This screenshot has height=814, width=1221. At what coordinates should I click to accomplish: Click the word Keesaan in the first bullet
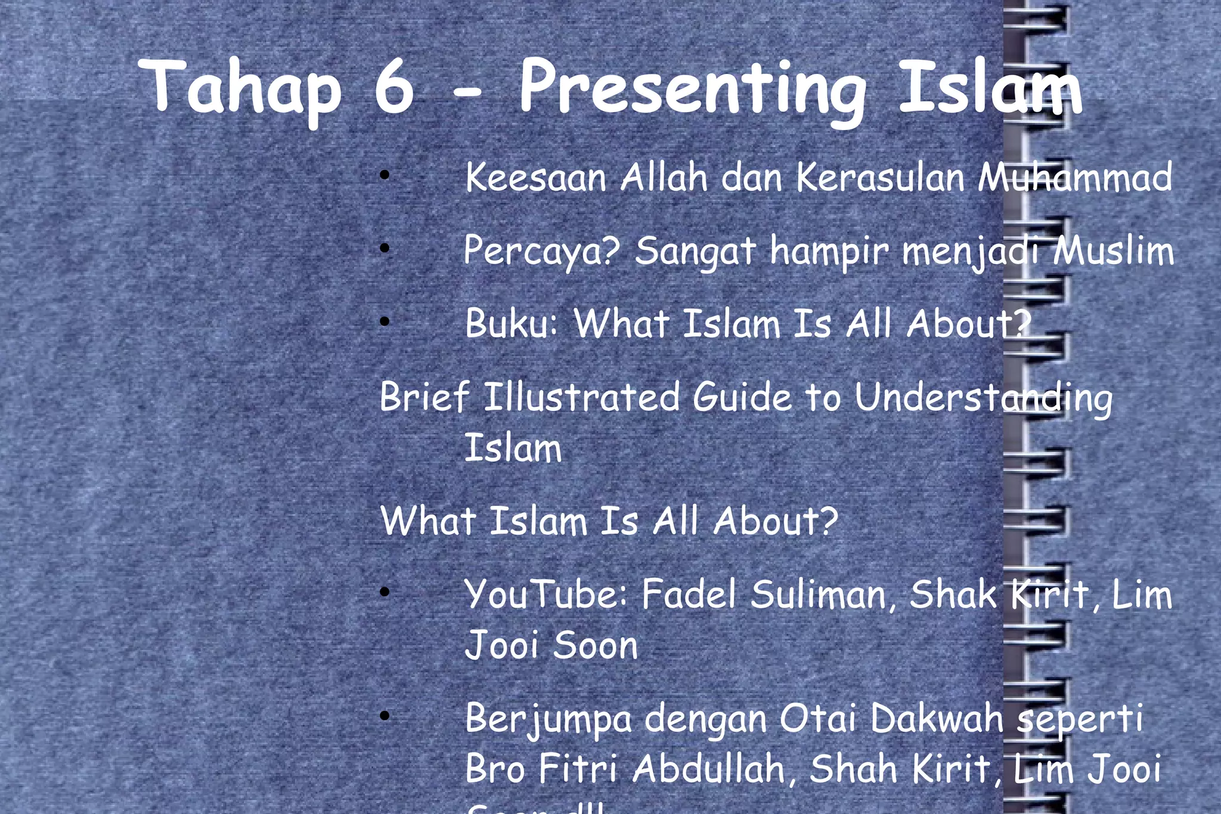(x=535, y=178)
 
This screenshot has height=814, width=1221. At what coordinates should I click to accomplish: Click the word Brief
(x=424, y=397)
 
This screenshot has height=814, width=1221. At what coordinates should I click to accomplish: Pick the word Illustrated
(x=581, y=397)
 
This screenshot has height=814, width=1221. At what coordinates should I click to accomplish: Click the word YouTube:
(x=546, y=595)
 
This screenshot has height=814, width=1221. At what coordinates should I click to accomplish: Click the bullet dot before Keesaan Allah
(x=385, y=175)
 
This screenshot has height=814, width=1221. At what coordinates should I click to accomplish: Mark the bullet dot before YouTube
(x=385, y=592)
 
